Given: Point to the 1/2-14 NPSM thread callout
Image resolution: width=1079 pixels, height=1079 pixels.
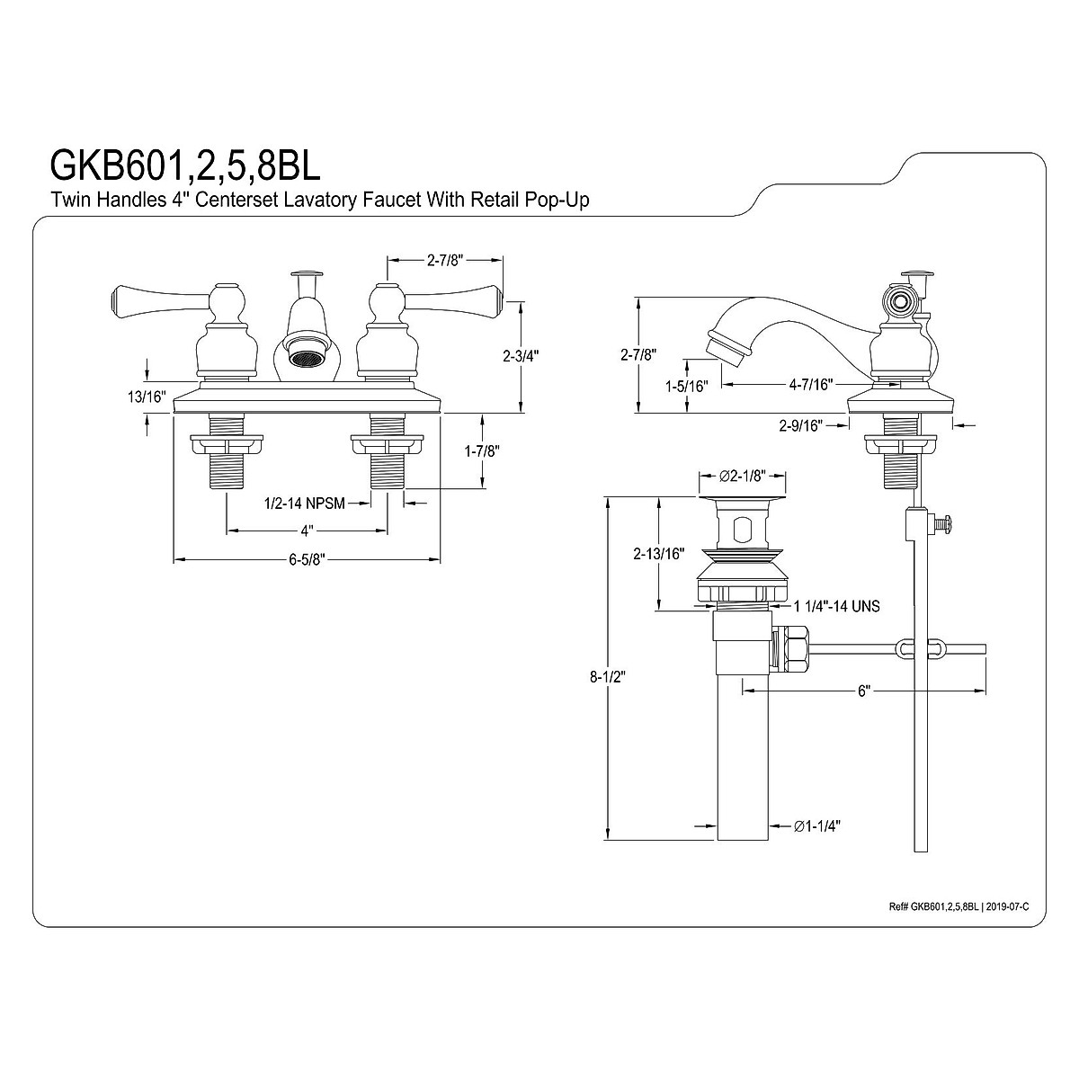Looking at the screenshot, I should [305, 504].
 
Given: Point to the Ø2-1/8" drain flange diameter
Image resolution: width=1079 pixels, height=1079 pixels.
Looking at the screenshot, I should [743, 476].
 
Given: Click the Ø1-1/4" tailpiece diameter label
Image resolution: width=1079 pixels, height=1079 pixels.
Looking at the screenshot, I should [813, 825].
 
